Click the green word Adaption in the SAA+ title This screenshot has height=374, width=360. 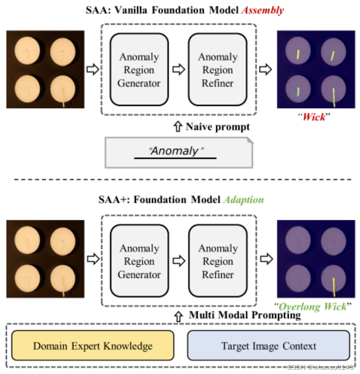click(243, 200)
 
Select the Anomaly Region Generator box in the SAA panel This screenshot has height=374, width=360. click(139, 70)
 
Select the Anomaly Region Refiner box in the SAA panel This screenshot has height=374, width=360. click(217, 70)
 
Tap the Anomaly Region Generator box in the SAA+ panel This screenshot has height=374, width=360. click(139, 261)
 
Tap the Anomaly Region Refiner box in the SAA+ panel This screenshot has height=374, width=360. click(218, 261)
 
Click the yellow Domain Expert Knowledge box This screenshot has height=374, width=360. click(93, 346)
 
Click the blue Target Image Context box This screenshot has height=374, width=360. click(268, 346)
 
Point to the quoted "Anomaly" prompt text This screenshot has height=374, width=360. click(176, 151)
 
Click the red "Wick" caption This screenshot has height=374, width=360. click(314, 117)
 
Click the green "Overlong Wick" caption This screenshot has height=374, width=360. click(313, 307)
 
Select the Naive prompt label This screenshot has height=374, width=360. click(218, 126)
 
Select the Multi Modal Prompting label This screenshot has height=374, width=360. click(245, 315)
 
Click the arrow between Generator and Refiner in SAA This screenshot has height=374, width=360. click(179, 70)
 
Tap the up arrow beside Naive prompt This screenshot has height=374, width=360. click(178, 126)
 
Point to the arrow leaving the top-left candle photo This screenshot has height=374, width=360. click(92, 70)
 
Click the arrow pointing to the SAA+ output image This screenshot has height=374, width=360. click(265, 260)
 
